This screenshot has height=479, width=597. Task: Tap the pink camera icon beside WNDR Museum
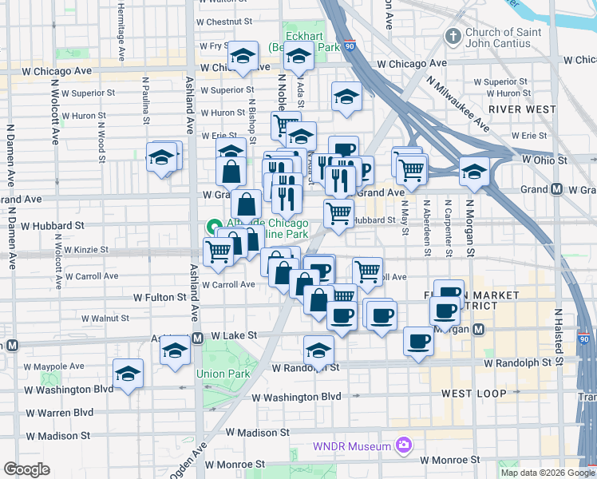pyautogui.click(x=404, y=445)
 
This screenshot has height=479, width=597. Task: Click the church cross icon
pyautogui.click(x=453, y=37)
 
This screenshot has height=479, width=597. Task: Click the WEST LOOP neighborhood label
pyautogui.click(x=473, y=394)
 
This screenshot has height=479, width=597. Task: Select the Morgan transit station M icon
pyautogui.click(x=479, y=329)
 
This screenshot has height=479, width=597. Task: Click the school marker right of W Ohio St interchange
pyautogui.click(x=474, y=170)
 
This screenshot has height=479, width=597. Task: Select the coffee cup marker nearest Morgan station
pyautogui.click(x=447, y=309)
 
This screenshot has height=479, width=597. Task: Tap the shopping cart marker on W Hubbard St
pyautogui.click(x=338, y=213)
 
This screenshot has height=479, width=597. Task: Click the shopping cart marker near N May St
pyautogui.click(x=411, y=168)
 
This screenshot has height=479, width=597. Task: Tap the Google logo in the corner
pyautogui.click(x=26, y=470)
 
